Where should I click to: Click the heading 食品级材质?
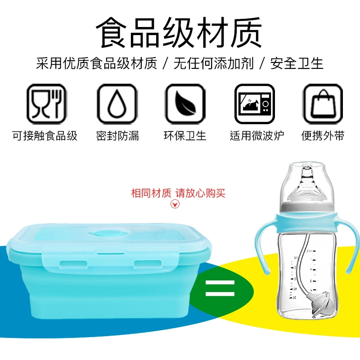(179, 32)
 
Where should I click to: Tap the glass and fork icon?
(47, 104)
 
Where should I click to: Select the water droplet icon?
(117, 104)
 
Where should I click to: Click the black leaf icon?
(185, 104)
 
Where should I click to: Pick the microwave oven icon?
(255, 104)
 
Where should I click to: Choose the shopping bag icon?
(323, 104)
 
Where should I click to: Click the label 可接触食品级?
(45, 136)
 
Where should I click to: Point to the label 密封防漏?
(117, 136)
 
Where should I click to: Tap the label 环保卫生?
(185, 136)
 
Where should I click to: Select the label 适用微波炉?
(257, 136)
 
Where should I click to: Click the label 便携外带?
(323, 136)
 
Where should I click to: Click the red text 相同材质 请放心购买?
(178, 193)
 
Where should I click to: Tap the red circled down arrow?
(175, 204)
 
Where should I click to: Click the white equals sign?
(220, 288)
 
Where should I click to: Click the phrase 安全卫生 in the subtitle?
(297, 63)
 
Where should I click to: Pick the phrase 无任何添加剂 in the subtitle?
(213, 63)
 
